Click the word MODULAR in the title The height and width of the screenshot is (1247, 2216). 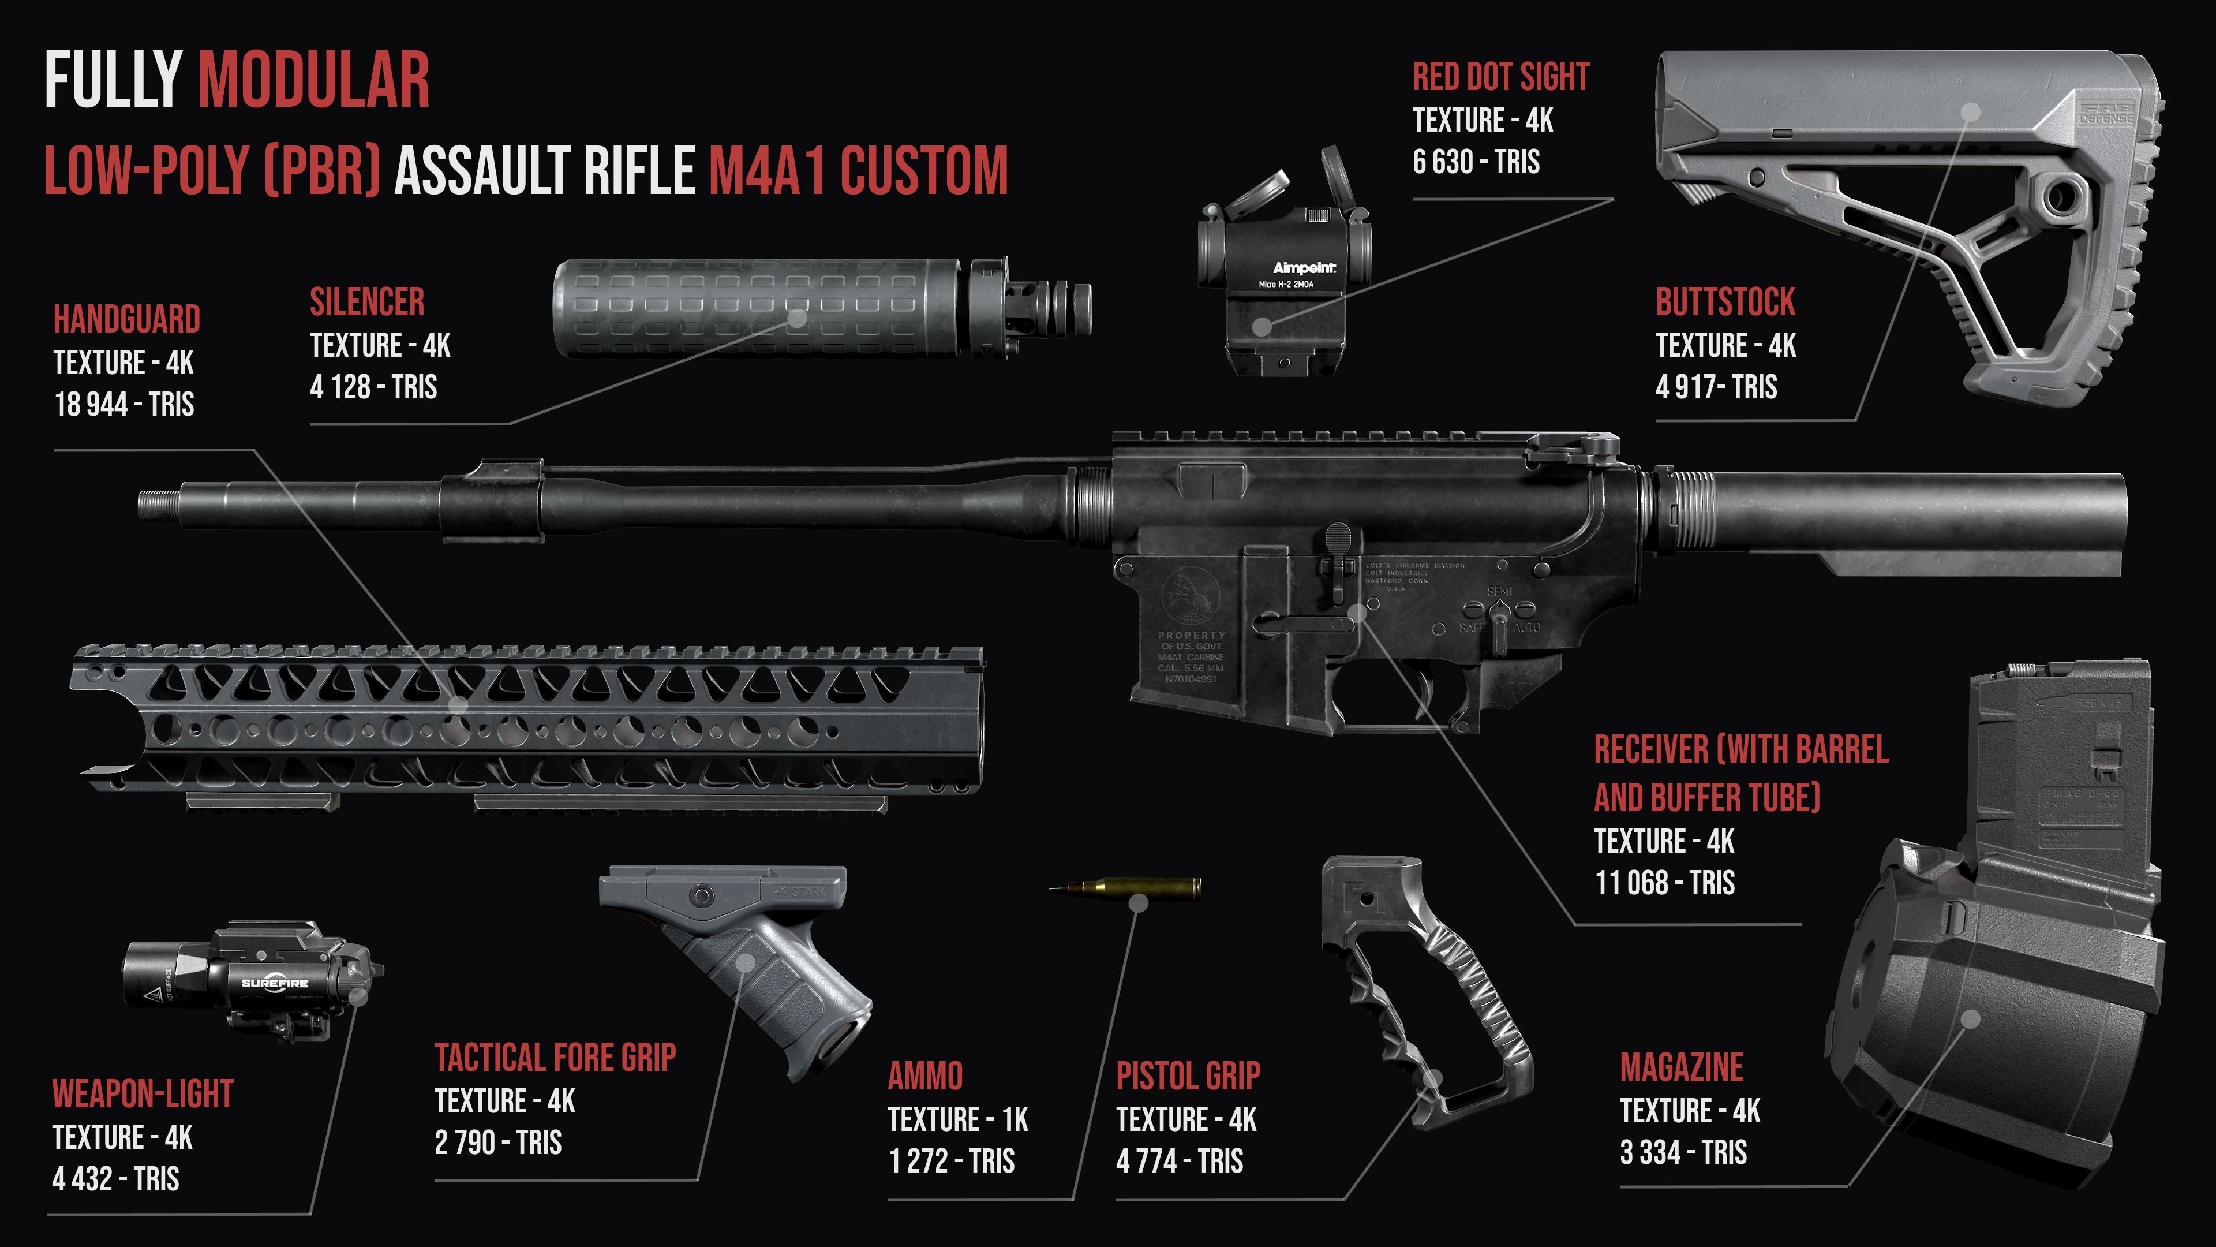pos(314,80)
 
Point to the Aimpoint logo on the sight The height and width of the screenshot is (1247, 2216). pos(1303,268)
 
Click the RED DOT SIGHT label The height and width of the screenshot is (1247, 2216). pos(1500,77)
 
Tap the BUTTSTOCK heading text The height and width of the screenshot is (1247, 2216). pos(1725,302)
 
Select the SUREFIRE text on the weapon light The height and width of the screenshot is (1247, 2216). pos(275,983)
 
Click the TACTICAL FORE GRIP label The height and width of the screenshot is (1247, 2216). pos(555,1058)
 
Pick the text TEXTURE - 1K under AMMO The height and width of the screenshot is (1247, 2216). pos(957,1119)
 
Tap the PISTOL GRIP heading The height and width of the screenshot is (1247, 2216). pos(1188,1076)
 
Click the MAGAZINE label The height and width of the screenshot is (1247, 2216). pos(1681,1067)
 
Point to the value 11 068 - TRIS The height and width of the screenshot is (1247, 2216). pos(1664,883)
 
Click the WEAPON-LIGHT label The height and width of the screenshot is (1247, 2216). pos(143,1094)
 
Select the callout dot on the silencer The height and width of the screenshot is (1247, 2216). pos(798,318)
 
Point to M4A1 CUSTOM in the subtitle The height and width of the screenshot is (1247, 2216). pos(858,170)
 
